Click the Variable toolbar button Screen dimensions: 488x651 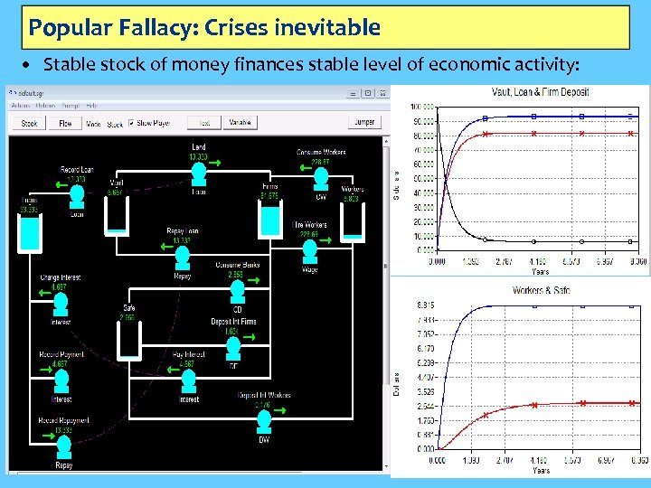(240, 123)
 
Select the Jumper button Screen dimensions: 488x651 (363, 123)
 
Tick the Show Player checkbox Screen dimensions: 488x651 (132, 123)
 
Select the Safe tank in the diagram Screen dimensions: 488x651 (129, 337)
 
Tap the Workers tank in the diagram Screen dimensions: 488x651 (353, 218)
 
